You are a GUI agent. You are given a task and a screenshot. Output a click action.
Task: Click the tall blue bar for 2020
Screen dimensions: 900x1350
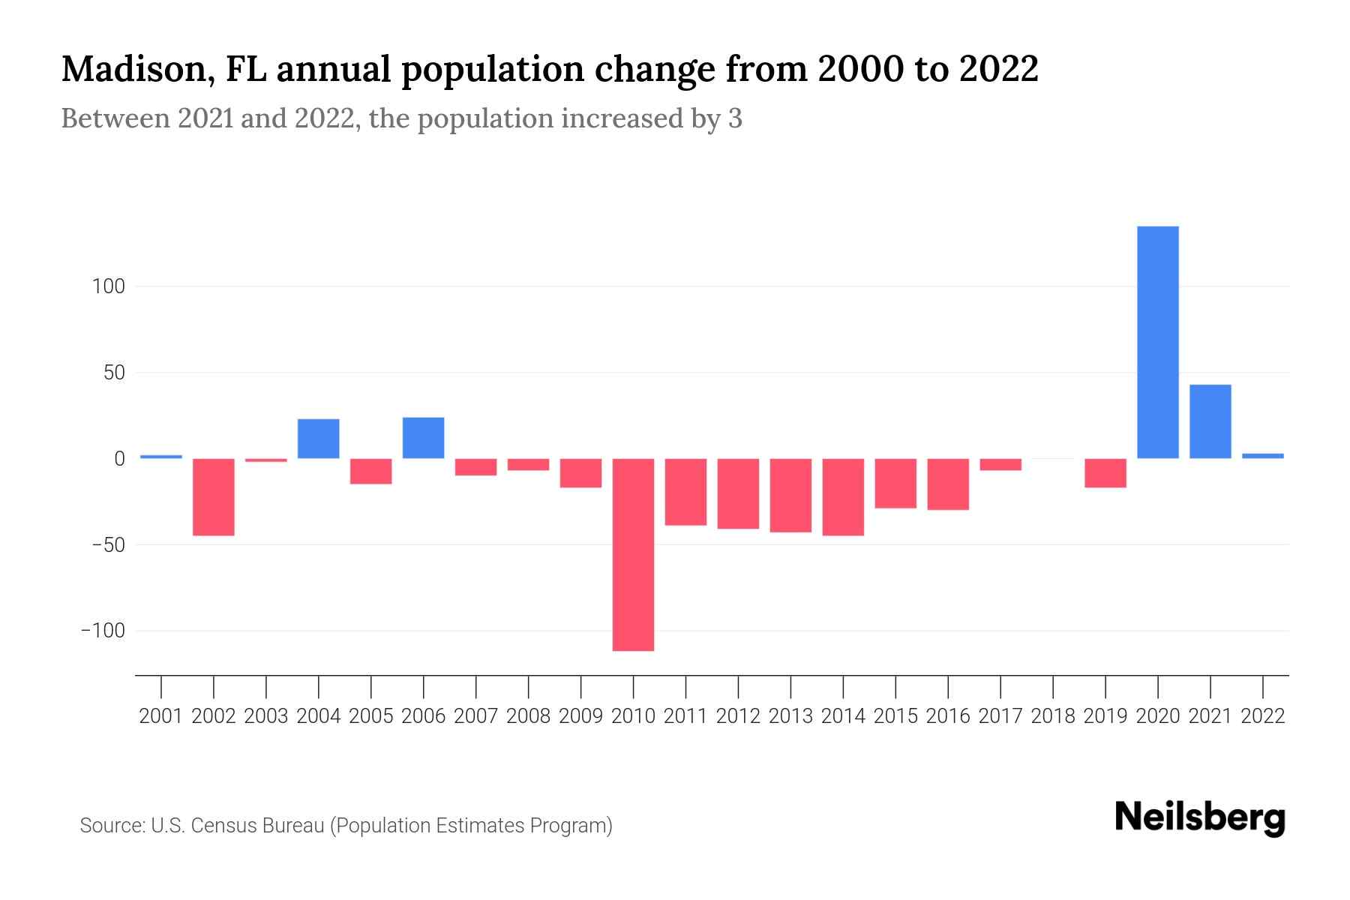(x=1157, y=342)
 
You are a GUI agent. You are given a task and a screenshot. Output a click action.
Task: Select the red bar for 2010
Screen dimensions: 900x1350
(x=633, y=554)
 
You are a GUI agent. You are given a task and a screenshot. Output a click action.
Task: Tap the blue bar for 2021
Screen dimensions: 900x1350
(x=1210, y=421)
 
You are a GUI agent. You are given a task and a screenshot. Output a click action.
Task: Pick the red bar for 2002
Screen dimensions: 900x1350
(x=214, y=496)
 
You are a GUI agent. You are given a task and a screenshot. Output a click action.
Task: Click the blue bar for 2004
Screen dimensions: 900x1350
(x=319, y=439)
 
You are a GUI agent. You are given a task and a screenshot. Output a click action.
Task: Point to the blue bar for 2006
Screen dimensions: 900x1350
(x=423, y=438)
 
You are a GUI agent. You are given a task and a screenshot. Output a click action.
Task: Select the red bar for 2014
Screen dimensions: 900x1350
(x=843, y=496)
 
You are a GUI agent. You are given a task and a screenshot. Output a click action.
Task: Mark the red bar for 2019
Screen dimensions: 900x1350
(x=1105, y=472)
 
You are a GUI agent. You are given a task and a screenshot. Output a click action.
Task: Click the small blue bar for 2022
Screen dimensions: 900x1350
(x=1262, y=455)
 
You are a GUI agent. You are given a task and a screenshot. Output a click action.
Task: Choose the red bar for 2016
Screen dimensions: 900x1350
(x=948, y=484)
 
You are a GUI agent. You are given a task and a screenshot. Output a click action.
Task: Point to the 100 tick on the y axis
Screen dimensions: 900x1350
(x=109, y=286)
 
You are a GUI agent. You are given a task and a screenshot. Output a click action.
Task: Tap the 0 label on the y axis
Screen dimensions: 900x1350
(x=119, y=458)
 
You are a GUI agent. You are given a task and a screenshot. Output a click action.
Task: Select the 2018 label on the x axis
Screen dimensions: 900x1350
(x=1053, y=716)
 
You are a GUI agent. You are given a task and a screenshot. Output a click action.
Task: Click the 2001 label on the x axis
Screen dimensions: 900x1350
(x=161, y=716)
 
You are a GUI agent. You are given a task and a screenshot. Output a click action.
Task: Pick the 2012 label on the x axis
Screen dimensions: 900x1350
(x=738, y=716)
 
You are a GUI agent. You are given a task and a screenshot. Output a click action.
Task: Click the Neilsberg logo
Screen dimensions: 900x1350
(x=1199, y=817)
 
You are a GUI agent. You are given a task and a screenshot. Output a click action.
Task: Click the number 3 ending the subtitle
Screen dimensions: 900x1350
(x=735, y=118)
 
